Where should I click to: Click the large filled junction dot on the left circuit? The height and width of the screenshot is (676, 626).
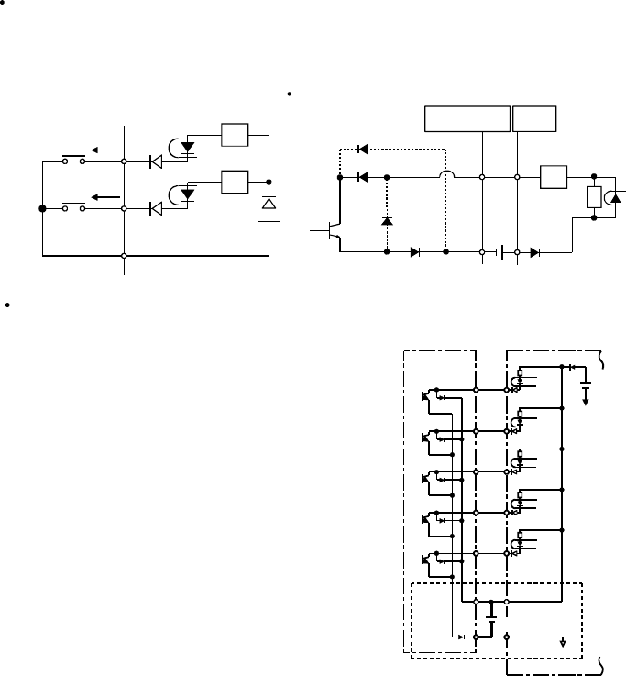42,209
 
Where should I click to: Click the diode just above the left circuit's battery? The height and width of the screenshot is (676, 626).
269,202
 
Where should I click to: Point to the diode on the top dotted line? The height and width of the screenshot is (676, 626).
362,149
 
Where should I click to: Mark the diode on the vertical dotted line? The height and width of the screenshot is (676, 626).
387,221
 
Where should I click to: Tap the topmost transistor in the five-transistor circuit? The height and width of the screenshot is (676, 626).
427,396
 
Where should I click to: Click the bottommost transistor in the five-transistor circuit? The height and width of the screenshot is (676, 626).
427,560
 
